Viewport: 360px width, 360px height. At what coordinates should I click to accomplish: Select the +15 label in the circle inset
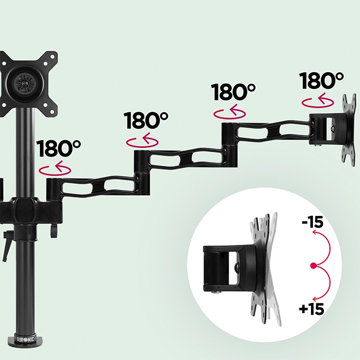pyautogui.click(x=311, y=309)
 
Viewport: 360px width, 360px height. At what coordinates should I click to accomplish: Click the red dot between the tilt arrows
pyautogui.click(x=313, y=266)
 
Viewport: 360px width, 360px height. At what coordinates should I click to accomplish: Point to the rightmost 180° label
pyautogui.click(x=321, y=81)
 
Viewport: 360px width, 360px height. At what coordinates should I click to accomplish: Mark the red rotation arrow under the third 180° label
pyautogui.click(x=230, y=113)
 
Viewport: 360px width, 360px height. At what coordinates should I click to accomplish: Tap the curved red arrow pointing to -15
pyautogui.click(x=323, y=246)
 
